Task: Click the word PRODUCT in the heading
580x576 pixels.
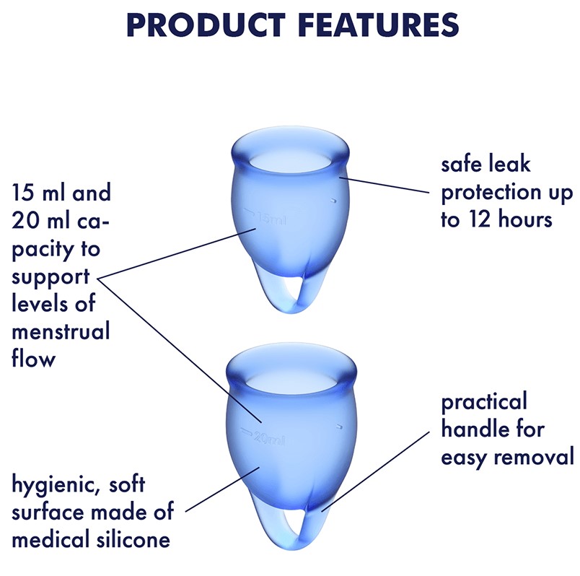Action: click(x=206, y=25)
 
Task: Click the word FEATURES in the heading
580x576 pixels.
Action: click(x=378, y=25)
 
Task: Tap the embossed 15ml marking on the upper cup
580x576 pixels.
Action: click(x=265, y=217)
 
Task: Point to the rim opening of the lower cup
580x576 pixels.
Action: click(x=291, y=378)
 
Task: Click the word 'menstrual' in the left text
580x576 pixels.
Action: click(x=61, y=331)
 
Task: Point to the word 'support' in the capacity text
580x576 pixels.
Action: click(x=50, y=278)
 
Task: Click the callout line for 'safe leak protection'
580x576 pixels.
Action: click(x=385, y=185)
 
